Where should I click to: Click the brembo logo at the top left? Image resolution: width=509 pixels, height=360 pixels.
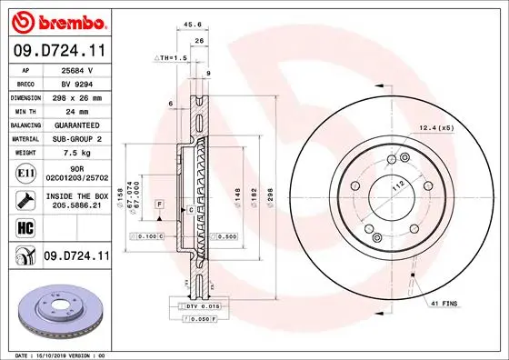(56, 20)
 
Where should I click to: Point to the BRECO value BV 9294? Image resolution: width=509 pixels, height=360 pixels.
(70, 82)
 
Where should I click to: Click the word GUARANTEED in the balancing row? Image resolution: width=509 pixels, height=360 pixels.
(70, 124)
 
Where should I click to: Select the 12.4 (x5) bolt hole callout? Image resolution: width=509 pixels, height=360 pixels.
(436, 127)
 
